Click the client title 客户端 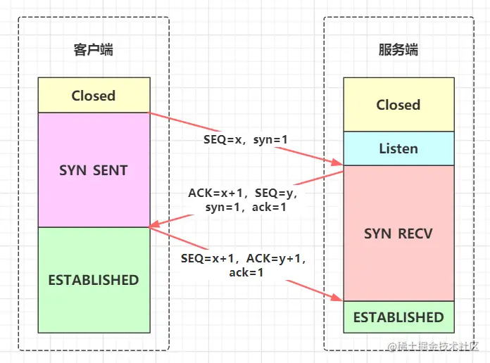94,50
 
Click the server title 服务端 398,50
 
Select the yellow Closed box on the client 94,95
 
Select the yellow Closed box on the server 398,105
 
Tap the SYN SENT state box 94,170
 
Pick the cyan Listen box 398,149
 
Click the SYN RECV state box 398,233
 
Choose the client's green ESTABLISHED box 94,280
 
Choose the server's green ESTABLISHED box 398,317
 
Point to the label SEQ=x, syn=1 244,140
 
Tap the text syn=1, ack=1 245,208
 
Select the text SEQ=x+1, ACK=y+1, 244,258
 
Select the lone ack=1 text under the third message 246,272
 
